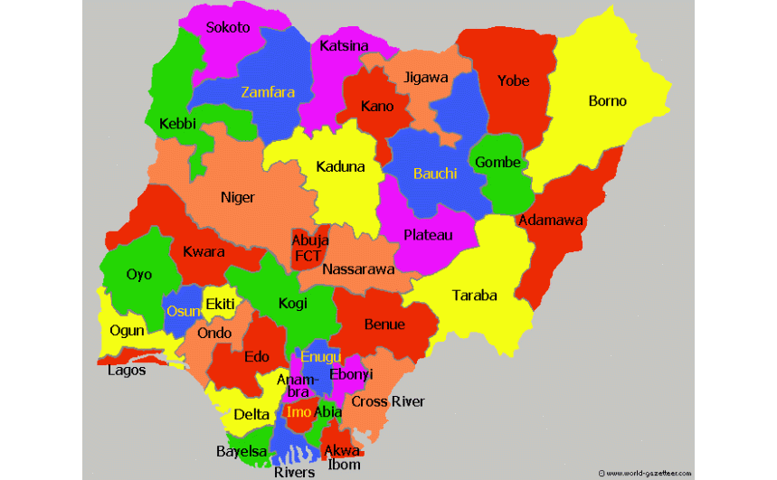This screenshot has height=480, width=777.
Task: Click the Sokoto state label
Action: point(227,27)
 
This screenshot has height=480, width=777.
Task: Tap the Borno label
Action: point(607,100)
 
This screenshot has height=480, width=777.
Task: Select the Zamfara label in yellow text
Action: point(268,91)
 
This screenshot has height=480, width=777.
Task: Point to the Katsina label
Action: point(344,45)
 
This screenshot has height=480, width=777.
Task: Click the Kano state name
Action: point(377,107)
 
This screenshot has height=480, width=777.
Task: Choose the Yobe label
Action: point(513,80)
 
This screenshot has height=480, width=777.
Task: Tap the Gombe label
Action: point(497,163)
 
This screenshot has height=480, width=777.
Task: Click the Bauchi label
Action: point(435,174)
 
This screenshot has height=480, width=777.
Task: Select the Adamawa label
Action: point(550,220)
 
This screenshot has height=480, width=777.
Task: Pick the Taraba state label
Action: point(475,295)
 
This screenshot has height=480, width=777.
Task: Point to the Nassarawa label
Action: point(358,269)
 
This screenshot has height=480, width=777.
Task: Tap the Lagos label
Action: point(127,370)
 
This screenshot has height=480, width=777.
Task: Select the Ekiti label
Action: point(220,304)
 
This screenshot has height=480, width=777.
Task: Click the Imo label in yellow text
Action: point(298,411)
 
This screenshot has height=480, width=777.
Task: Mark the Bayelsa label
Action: point(242,450)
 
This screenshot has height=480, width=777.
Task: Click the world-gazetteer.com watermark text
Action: point(648,473)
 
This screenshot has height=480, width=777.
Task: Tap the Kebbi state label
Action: point(177,124)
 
